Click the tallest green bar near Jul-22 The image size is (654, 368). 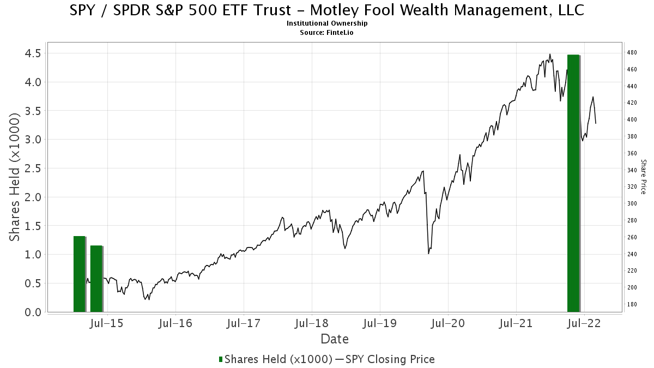pos(573,183)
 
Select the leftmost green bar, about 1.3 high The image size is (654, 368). pos(80,274)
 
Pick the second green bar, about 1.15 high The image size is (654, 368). pos(96,279)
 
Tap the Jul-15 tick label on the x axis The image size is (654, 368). pos(108,324)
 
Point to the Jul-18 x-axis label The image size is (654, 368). pos(312,324)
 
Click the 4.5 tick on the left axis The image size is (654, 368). pos(32,53)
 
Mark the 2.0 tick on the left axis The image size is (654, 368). pos(32,197)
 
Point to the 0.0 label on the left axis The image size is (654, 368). pos(32,312)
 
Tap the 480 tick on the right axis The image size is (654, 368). pos(632,53)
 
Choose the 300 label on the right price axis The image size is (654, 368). pos(632,204)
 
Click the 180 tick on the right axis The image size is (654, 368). pos(632,304)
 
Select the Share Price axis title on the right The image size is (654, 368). pos(643,177)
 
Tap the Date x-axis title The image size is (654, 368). pos(335,339)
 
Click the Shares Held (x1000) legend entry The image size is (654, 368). pos(275,359)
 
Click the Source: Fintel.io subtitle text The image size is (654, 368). pos(327,33)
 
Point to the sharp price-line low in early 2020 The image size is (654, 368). pos(429,253)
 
